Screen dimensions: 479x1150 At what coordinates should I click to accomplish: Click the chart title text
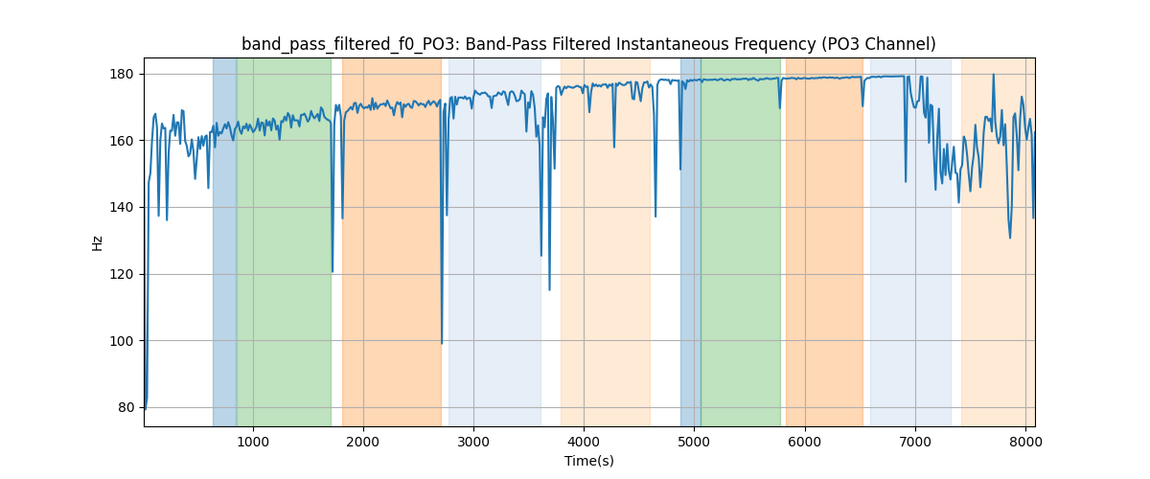[x=588, y=44]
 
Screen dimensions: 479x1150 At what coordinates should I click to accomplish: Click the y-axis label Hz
[x=98, y=242]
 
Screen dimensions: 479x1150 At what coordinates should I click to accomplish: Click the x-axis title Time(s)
[x=588, y=461]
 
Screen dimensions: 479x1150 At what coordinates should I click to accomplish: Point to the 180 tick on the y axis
[x=125, y=75]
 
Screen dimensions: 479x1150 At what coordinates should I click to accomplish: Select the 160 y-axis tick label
[x=125, y=141]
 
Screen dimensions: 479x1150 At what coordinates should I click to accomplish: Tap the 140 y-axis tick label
[x=125, y=208]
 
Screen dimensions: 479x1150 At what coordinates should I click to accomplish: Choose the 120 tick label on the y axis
[x=125, y=274]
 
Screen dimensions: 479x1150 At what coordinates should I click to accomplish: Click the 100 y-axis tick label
[x=125, y=341]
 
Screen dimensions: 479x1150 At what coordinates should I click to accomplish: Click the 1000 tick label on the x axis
[x=253, y=442]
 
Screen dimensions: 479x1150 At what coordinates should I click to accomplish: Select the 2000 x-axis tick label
[x=363, y=442]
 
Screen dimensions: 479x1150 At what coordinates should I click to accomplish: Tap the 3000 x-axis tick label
[x=473, y=442]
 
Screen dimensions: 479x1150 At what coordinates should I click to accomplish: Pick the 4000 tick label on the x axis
[x=584, y=442]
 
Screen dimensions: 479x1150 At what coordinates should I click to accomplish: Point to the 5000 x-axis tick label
[x=694, y=442]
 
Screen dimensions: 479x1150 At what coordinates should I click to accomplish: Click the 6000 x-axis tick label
[x=805, y=442]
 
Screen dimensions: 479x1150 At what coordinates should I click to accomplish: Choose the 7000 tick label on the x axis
[x=915, y=442]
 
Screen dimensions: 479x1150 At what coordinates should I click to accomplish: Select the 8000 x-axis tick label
[x=1025, y=442]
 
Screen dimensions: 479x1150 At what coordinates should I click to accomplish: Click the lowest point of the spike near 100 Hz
[x=442, y=343]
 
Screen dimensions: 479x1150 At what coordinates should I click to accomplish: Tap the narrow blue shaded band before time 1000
[x=224, y=239]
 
